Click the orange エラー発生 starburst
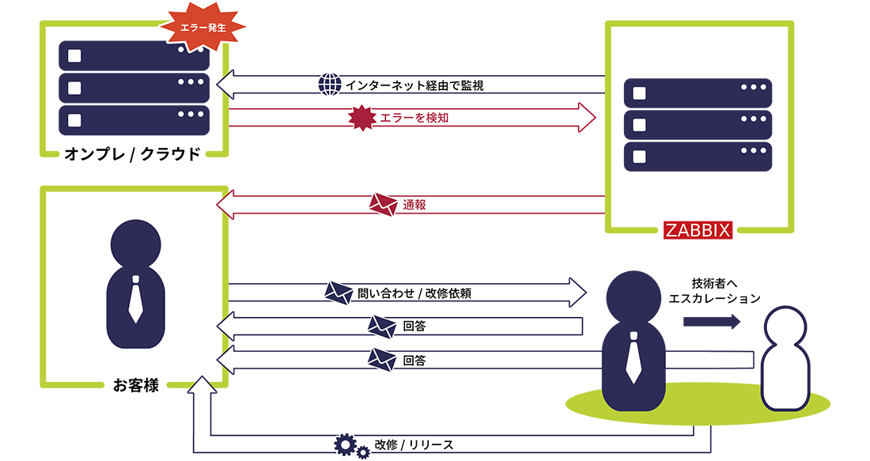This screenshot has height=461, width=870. click(204, 26)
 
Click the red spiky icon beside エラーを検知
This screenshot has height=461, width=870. click(361, 118)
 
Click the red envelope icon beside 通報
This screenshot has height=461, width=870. click(383, 205)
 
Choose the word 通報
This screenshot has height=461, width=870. click(414, 205)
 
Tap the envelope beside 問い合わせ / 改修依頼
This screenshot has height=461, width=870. click(339, 293)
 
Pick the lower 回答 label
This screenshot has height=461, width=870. click(414, 361)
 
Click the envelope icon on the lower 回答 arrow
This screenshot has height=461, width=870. click(382, 361)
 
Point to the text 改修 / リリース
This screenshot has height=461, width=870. click(411, 444)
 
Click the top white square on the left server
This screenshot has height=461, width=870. click(75, 56)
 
